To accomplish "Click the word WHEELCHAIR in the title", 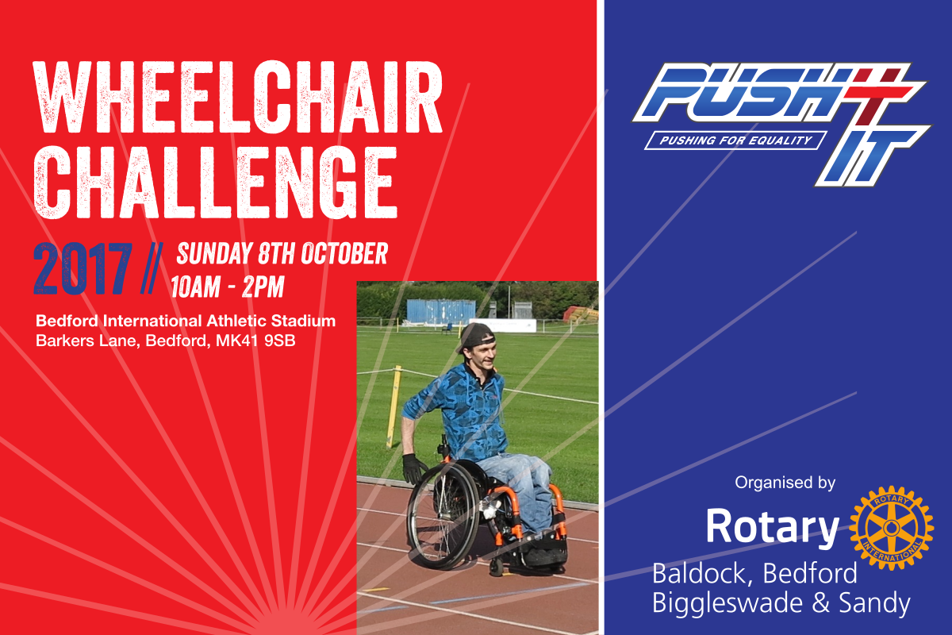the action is coord(238,98).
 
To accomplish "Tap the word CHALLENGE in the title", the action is coord(216,182).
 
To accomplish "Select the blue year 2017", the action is coord(83,269).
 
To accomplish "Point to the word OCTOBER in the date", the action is coord(344,253).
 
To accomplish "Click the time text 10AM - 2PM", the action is coord(228,287).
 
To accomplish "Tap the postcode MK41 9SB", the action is coord(255,341).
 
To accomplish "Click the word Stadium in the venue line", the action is coord(303,321).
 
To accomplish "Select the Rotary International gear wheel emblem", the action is coord(891,528).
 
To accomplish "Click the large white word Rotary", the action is coord(773,527).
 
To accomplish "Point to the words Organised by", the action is coord(785,483).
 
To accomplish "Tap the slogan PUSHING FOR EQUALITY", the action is coord(735,140).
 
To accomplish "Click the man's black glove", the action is coord(413,468).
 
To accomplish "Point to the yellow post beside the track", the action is coord(394,407).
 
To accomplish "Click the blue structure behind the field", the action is coord(441,311).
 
